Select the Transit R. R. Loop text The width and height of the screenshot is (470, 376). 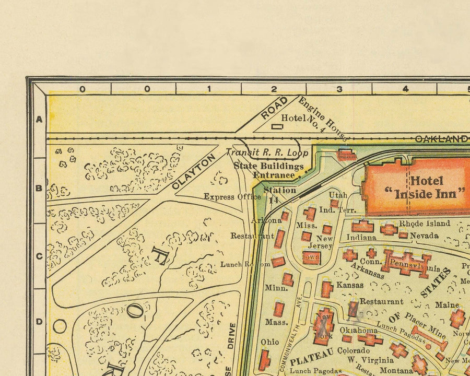(267, 154)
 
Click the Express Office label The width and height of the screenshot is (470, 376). (232, 197)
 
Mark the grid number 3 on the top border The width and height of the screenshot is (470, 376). (339, 89)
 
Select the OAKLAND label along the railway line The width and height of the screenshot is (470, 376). (441, 139)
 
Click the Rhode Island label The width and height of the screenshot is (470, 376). (424, 224)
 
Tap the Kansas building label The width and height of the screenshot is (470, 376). (349, 285)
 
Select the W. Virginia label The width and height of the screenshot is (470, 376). (371, 360)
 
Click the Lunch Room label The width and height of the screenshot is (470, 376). (245, 264)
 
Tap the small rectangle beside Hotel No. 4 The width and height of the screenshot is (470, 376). (277, 125)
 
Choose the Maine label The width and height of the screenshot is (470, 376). (447, 304)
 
